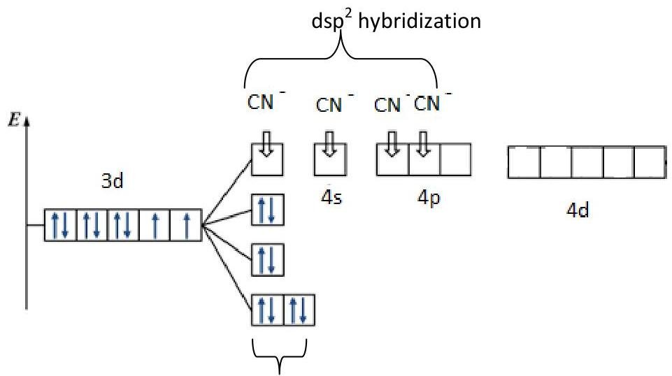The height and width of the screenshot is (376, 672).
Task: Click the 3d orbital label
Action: click(x=113, y=181)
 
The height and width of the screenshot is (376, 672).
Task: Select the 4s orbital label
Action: click(x=331, y=198)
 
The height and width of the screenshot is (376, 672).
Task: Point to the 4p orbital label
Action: click(x=429, y=198)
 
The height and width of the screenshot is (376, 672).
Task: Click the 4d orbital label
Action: click(x=578, y=210)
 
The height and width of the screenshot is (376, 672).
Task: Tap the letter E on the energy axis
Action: click(x=14, y=120)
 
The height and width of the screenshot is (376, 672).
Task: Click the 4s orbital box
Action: click(x=330, y=159)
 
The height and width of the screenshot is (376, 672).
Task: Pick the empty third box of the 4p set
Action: click(x=455, y=159)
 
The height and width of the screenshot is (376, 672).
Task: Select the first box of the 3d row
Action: click(x=60, y=225)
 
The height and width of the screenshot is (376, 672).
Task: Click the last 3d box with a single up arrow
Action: click(x=186, y=225)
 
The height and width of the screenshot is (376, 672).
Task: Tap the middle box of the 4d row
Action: click(x=587, y=162)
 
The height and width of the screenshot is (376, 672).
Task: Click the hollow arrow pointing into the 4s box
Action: click(x=329, y=144)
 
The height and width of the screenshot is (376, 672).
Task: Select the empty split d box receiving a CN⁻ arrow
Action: click(x=267, y=159)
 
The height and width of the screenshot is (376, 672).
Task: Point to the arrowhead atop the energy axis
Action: click(x=27, y=122)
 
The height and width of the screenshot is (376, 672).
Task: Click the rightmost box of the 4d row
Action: click(x=650, y=162)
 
